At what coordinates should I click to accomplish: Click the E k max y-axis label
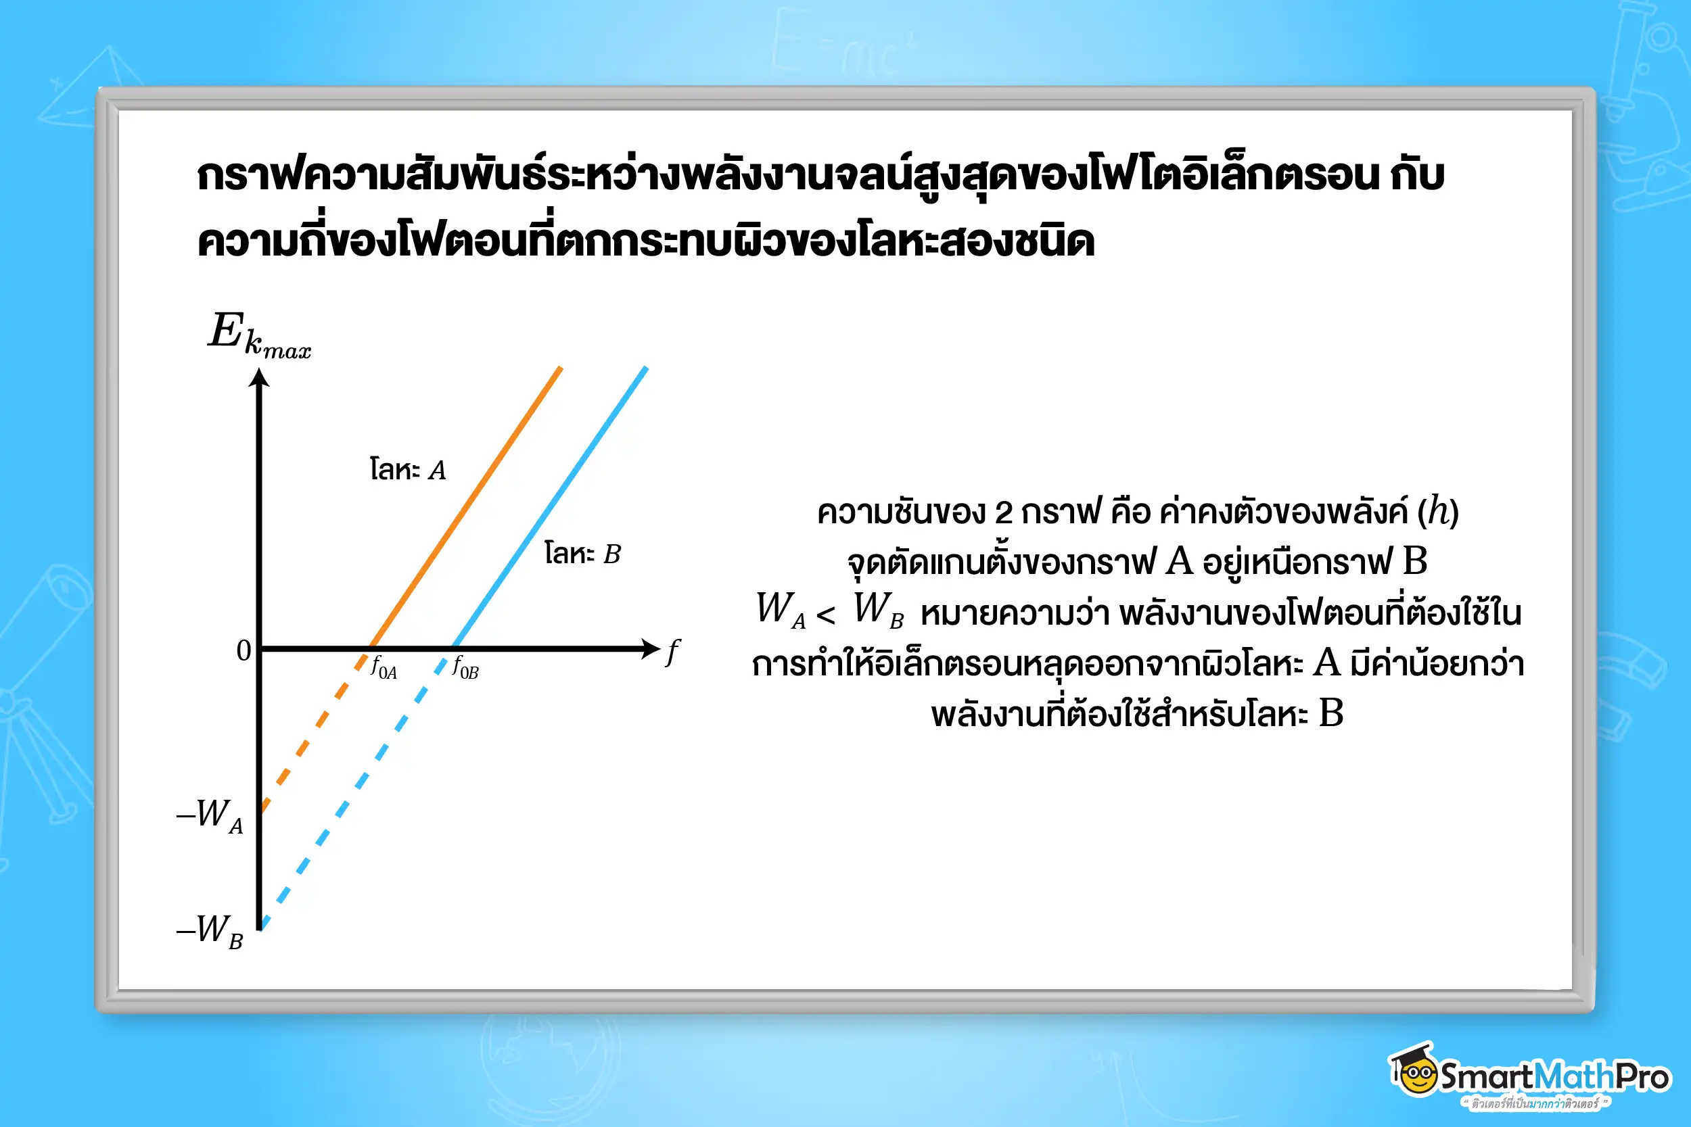click(259, 335)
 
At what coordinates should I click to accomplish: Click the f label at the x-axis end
click(672, 652)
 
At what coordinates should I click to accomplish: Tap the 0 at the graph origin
click(244, 650)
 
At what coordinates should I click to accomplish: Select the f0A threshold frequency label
click(384, 669)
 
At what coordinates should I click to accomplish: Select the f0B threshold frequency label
click(465, 669)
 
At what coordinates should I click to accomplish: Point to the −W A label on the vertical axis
click(210, 816)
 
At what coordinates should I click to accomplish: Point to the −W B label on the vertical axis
click(210, 931)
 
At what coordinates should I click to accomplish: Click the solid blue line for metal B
click(550, 507)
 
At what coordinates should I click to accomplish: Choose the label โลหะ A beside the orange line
click(408, 470)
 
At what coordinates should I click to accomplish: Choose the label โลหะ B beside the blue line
click(582, 554)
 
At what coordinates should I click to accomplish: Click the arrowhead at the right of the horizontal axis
click(651, 648)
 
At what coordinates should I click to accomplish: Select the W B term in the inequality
click(878, 610)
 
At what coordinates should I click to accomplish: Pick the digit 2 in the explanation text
click(1004, 513)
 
